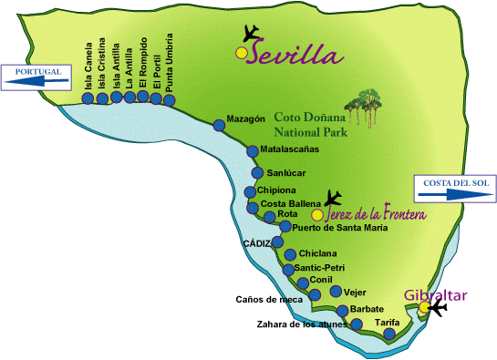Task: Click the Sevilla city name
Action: point(294,55)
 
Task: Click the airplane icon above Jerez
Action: point(333,196)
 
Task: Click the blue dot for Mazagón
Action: point(217,127)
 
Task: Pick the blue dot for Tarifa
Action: point(390,334)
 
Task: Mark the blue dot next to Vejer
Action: point(336,292)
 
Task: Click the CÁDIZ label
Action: point(258,244)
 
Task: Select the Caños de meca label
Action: point(268,298)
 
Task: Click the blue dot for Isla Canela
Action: point(88,98)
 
